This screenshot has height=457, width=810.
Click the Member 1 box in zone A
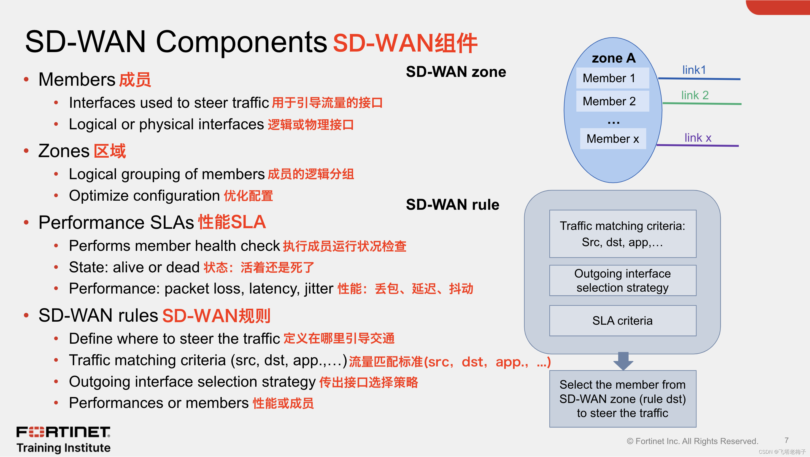click(x=612, y=78)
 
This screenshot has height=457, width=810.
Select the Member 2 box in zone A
click(x=612, y=101)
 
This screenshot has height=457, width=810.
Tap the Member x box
click(x=612, y=139)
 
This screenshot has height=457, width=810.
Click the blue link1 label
click(x=694, y=70)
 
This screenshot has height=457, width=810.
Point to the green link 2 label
click(x=695, y=95)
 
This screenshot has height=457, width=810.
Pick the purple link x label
click(x=698, y=138)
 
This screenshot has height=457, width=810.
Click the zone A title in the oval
click(x=614, y=58)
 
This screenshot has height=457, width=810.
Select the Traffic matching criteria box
click(x=622, y=234)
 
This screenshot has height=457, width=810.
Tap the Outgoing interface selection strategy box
click(x=622, y=281)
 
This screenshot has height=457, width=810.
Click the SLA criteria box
click(x=622, y=321)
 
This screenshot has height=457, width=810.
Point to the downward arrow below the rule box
click(x=623, y=361)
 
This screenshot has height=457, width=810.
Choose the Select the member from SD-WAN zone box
click(x=622, y=399)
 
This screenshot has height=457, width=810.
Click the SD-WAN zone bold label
click(x=456, y=72)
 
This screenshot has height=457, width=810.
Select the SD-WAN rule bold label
click(x=452, y=205)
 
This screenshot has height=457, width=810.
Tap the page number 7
click(x=786, y=440)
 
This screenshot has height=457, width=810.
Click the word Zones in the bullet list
click(x=64, y=151)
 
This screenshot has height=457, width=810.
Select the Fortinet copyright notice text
click(x=692, y=441)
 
